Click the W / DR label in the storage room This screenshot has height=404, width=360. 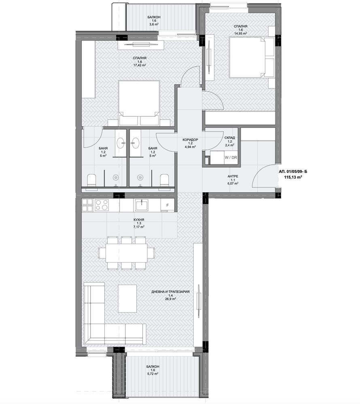pos(231,158)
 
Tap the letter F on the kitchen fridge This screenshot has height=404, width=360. pos(167,205)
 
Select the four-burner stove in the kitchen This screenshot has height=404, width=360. pos(102,205)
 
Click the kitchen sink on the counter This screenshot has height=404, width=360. pos(141,205)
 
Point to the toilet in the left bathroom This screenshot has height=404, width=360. pos(92,181)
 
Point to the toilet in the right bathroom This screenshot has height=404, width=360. pos(165,181)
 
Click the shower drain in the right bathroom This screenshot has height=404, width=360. pos(140,177)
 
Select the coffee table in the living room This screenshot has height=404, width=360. pos(127,298)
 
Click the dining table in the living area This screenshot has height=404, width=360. pos(127,253)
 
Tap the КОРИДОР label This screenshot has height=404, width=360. pos(191,140)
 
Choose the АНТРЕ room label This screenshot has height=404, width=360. pos(233,177)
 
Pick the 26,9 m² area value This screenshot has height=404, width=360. pos(170,299)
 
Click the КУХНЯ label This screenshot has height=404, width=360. pos(139,219)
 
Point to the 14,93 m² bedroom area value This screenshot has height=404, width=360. pos(241,33)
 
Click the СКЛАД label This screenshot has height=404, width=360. pos(230,138)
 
